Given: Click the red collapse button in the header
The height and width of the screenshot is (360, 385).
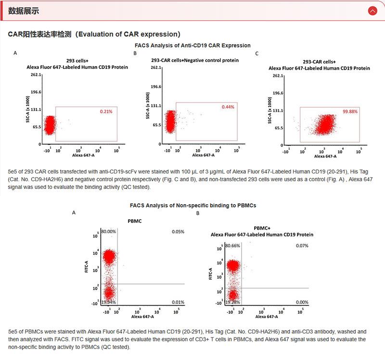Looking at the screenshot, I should (x=372, y=11).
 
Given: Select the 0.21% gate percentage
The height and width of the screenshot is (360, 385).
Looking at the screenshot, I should (x=106, y=112).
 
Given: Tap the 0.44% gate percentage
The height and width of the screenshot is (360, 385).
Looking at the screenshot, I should (x=228, y=107).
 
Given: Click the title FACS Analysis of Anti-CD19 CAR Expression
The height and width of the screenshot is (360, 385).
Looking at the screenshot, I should (x=192, y=45).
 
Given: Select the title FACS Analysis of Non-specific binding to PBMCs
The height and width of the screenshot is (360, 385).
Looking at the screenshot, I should (x=192, y=205).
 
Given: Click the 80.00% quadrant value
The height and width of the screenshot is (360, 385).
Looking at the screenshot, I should (x=109, y=232).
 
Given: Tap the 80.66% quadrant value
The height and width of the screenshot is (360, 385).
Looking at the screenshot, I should (x=232, y=246).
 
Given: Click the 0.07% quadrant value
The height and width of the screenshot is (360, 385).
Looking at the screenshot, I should (x=302, y=246).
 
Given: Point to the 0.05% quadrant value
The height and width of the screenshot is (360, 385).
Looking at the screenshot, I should (x=178, y=232).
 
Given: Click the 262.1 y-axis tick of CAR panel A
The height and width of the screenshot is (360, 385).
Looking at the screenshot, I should (x=37, y=75).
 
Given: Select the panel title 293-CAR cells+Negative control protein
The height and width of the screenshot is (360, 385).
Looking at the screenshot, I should (x=194, y=61).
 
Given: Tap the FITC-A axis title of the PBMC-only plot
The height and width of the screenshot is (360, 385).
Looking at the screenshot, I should (x=87, y=267).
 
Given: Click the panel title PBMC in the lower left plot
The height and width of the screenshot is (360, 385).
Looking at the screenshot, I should (x=135, y=223).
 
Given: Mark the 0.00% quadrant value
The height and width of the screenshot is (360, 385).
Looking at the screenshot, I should (x=302, y=302).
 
